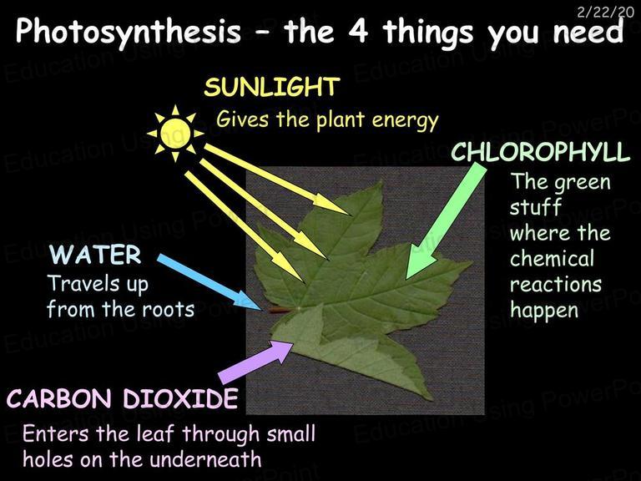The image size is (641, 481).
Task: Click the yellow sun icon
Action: pos(175,133)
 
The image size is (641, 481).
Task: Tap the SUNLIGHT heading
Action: pos(272,87)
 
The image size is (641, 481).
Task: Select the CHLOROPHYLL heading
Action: pos(541,152)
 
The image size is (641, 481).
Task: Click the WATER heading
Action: pos(95,255)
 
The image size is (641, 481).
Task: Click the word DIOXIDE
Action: pos(180,398)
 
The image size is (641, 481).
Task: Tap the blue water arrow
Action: pos(209,282)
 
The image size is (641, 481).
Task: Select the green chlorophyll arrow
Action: pos(447,221)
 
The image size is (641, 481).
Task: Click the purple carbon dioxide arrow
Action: pos(256,362)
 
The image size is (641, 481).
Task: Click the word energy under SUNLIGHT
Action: pos(405,121)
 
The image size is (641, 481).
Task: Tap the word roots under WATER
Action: pos(168,310)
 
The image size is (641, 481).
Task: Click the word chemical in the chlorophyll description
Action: pos(552,259)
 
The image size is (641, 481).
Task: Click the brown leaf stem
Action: pos(280,310)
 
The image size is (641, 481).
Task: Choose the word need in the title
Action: pos(588,32)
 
